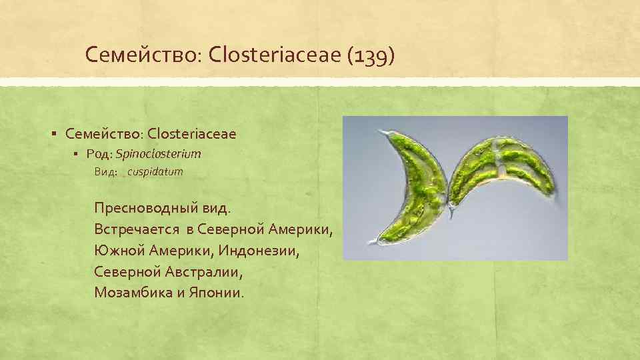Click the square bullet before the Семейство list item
[53, 134]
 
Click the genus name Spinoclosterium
[158, 154]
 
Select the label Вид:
[106, 172]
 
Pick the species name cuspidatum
[155, 172]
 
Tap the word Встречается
[137, 229]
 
